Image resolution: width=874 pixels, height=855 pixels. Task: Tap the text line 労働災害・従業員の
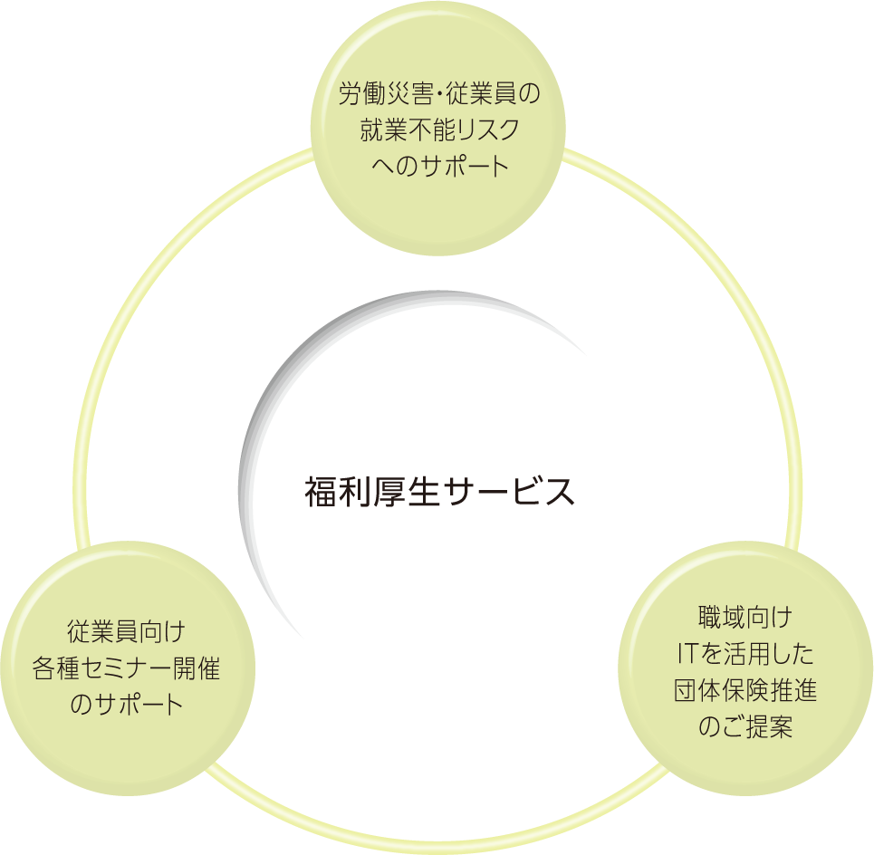[438, 94]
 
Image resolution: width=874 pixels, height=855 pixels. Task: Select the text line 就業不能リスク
[438, 130]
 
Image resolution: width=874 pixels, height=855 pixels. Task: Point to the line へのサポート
[438, 167]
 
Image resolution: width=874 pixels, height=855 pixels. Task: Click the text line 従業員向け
[126, 630]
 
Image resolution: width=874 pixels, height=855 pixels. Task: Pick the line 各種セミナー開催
[126, 668]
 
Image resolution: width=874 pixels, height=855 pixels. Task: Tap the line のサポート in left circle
[126, 704]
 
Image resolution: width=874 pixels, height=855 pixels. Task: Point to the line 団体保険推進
[745, 691]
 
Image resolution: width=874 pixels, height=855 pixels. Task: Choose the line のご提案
[745, 727]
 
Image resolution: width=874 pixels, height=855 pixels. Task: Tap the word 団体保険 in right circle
[721, 691]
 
